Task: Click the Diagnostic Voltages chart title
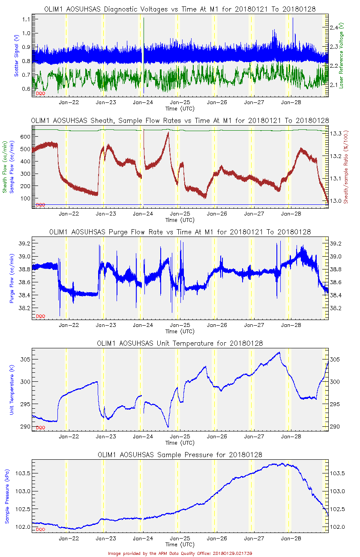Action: [x=180, y=9]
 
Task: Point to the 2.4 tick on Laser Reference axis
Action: [x=335, y=27]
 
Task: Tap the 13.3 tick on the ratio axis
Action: [x=336, y=134]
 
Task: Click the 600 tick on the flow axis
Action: [x=24, y=136]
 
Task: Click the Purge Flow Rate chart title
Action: [x=180, y=232]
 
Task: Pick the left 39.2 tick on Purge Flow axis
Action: [x=24, y=243]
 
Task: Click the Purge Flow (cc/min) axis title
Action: [x=12, y=279]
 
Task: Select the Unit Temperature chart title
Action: [x=180, y=344]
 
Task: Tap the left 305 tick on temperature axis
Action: [x=25, y=359]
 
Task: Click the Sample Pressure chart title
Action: [x=180, y=455]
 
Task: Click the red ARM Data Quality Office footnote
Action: [x=180, y=553]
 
